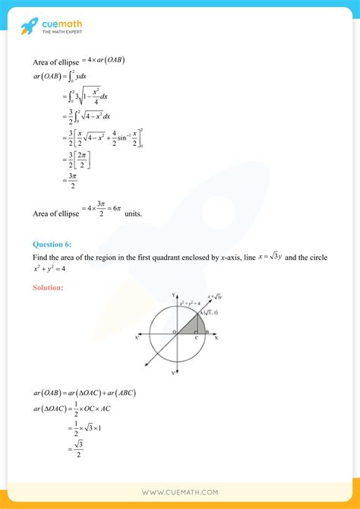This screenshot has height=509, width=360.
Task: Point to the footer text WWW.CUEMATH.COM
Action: [180, 492]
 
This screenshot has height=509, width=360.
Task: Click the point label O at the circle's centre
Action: [173, 332]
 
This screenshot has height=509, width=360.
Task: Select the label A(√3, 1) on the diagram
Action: [209, 313]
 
